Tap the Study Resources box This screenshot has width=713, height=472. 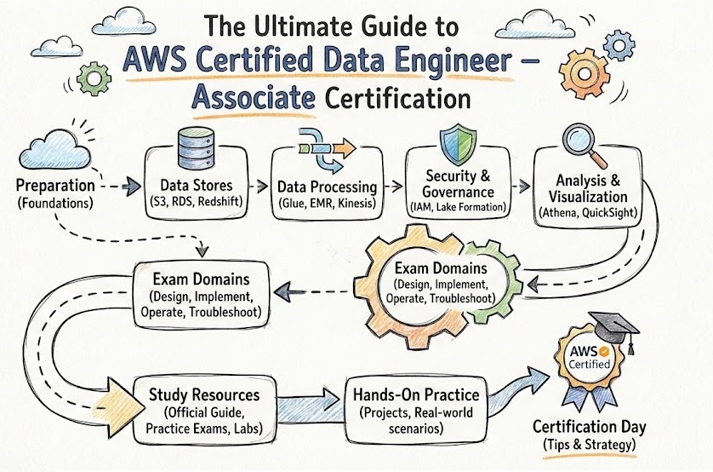click(x=203, y=408)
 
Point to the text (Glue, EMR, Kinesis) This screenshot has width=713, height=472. click(x=327, y=203)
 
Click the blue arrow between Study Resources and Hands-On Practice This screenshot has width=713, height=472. click(x=312, y=400)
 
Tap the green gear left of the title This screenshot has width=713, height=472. click(x=94, y=78)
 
